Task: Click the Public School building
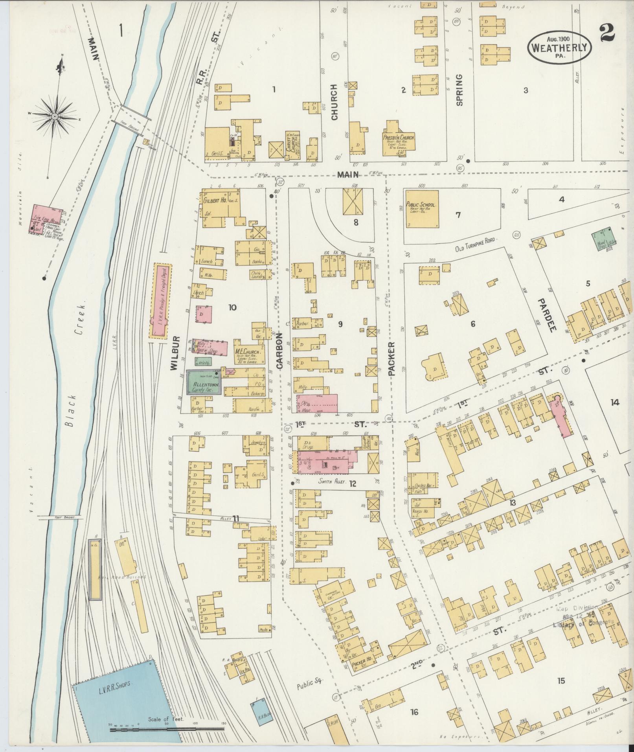point(422,208)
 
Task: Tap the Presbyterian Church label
point(398,138)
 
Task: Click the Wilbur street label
point(175,353)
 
